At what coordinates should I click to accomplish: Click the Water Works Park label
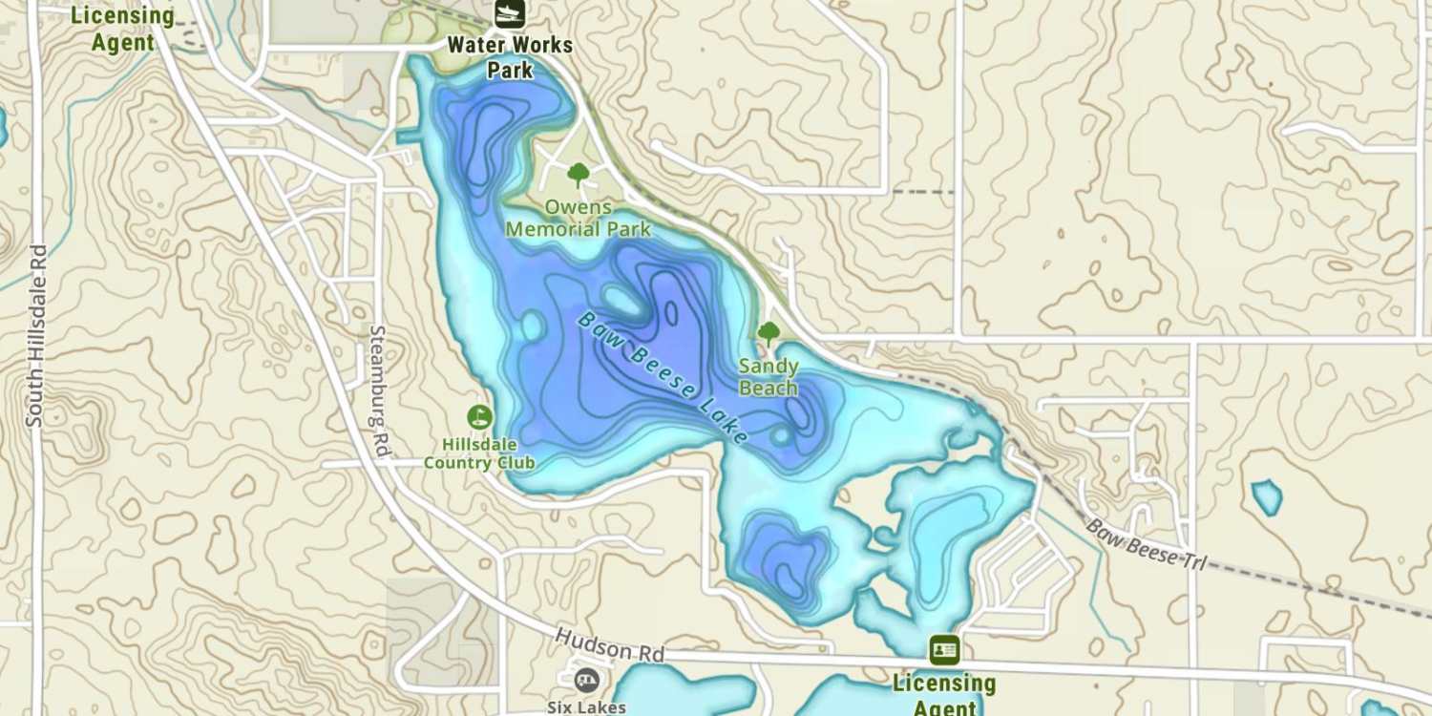click(x=510, y=57)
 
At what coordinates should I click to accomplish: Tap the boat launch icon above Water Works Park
click(x=510, y=13)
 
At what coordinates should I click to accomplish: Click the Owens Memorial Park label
click(x=578, y=218)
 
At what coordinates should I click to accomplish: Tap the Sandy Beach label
click(x=769, y=377)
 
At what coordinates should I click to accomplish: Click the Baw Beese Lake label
click(x=663, y=377)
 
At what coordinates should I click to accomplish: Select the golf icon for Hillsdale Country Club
click(x=478, y=417)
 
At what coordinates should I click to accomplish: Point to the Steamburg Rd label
click(x=379, y=391)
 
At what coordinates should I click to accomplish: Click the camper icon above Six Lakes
click(x=585, y=680)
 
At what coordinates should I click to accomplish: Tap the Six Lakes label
click(x=586, y=707)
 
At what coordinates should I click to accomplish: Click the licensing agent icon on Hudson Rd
click(x=944, y=650)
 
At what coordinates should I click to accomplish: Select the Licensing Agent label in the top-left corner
click(x=123, y=29)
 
